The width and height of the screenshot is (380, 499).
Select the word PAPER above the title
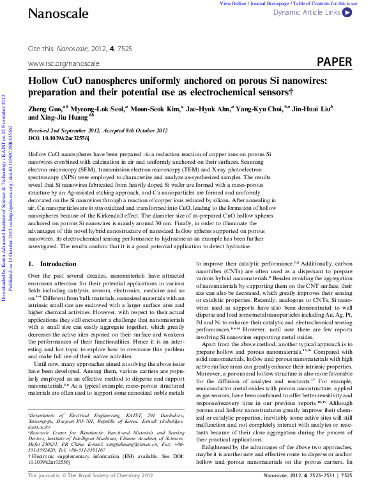point(334,62)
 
